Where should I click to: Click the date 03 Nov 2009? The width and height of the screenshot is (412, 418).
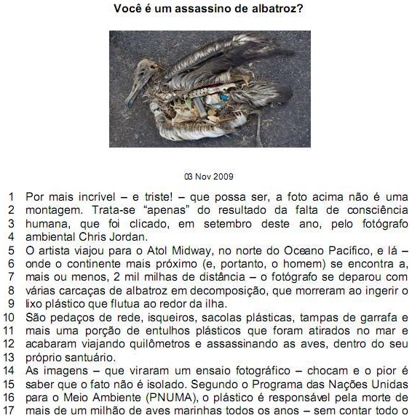coord(209,177)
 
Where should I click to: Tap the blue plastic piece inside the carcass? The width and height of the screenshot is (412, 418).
coord(223,98)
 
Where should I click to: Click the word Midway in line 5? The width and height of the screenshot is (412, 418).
coord(191,251)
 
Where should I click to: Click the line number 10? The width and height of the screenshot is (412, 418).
coord(9,318)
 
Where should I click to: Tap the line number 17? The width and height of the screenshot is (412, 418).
coord(9,411)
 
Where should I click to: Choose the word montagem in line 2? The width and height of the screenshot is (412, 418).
coord(54,210)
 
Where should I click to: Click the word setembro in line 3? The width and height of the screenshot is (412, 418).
coord(228,224)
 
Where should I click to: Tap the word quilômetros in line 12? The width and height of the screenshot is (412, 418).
coord(159,344)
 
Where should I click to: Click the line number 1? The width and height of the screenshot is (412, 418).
coord(11,197)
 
